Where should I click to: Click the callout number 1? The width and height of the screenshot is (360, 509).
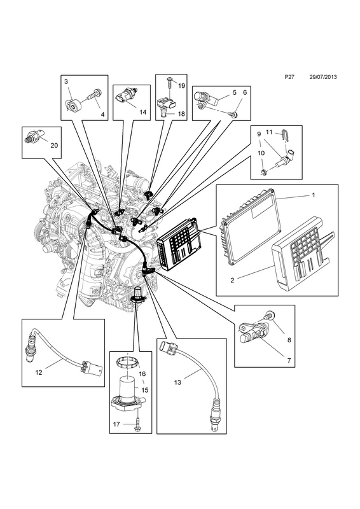pos(314,195)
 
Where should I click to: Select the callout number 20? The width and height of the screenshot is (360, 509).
pos(54,146)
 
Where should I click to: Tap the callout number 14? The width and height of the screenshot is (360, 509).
pos(143,112)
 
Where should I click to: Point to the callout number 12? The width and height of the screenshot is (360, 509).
pos(39,372)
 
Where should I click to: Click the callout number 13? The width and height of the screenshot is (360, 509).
pos(177,382)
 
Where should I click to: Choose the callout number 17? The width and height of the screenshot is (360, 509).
pos(116,424)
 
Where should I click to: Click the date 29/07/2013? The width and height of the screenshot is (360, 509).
pos(322,77)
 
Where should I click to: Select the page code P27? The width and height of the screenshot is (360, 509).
pos(289,77)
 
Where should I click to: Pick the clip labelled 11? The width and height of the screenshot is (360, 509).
pos(286,136)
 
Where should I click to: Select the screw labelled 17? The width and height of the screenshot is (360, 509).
pos(138,425)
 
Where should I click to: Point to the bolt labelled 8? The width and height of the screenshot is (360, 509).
pos(269,314)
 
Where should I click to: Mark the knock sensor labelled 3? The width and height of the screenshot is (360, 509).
pos(73,104)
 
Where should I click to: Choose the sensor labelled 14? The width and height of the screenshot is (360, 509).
pos(127,96)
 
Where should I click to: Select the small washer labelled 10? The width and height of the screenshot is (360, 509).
pos(264,171)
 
